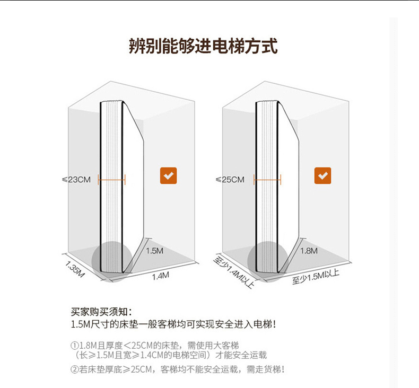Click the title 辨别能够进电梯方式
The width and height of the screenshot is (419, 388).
tap(203, 46)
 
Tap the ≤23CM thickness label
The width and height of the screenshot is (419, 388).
tap(76, 180)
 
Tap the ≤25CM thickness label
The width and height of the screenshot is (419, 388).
tap(230, 180)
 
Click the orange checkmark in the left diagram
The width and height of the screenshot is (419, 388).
tap(169, 175)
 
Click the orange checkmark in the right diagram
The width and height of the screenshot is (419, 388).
tap(322, 175)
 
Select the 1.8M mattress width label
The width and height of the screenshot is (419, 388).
tap(309, 251)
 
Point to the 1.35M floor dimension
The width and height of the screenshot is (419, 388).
tap(75, 268)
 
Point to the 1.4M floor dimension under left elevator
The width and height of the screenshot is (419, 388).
tap(160, 276)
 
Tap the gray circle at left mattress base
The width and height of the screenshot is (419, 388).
tap(111, 261)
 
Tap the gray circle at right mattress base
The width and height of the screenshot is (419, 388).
tap(265, 261)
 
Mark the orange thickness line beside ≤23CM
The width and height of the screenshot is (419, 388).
tap(112, 180)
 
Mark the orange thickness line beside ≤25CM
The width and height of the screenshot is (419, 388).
tap(267, 180)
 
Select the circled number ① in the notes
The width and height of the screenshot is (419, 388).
tap(74, 344)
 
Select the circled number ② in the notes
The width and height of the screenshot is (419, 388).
tap(74, 369)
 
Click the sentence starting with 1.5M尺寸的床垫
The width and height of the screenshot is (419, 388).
tap(173, 323)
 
